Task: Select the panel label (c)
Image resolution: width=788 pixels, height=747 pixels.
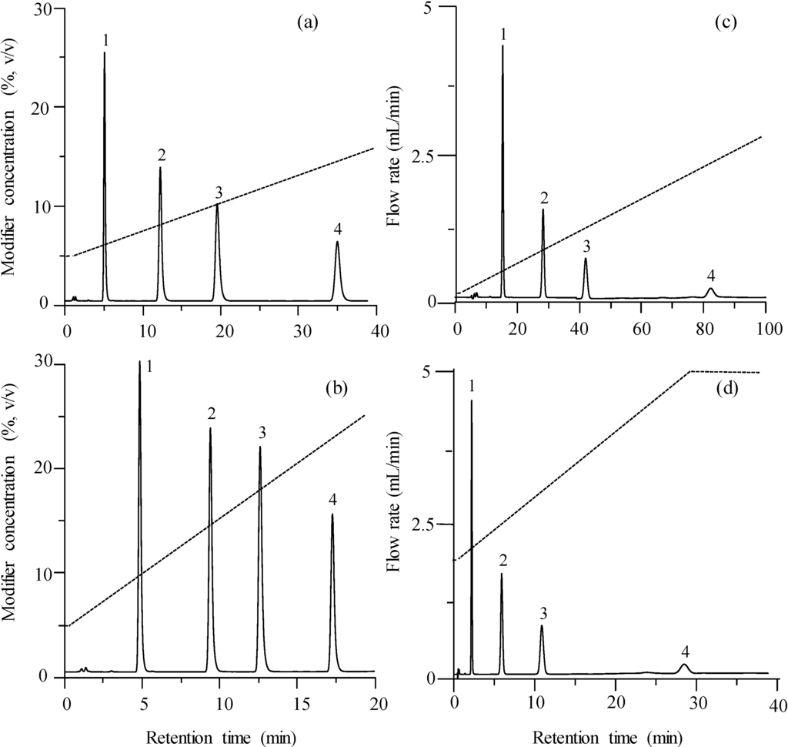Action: [726, 22]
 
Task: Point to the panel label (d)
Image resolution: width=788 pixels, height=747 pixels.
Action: [726, 387]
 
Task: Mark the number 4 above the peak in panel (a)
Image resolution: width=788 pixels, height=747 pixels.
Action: [337, 229]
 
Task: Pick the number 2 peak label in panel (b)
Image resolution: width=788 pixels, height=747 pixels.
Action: [210, 414]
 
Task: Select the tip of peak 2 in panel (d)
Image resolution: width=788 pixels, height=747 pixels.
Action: [502, 574]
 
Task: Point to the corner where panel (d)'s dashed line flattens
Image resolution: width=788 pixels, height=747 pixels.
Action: [690, 371]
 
